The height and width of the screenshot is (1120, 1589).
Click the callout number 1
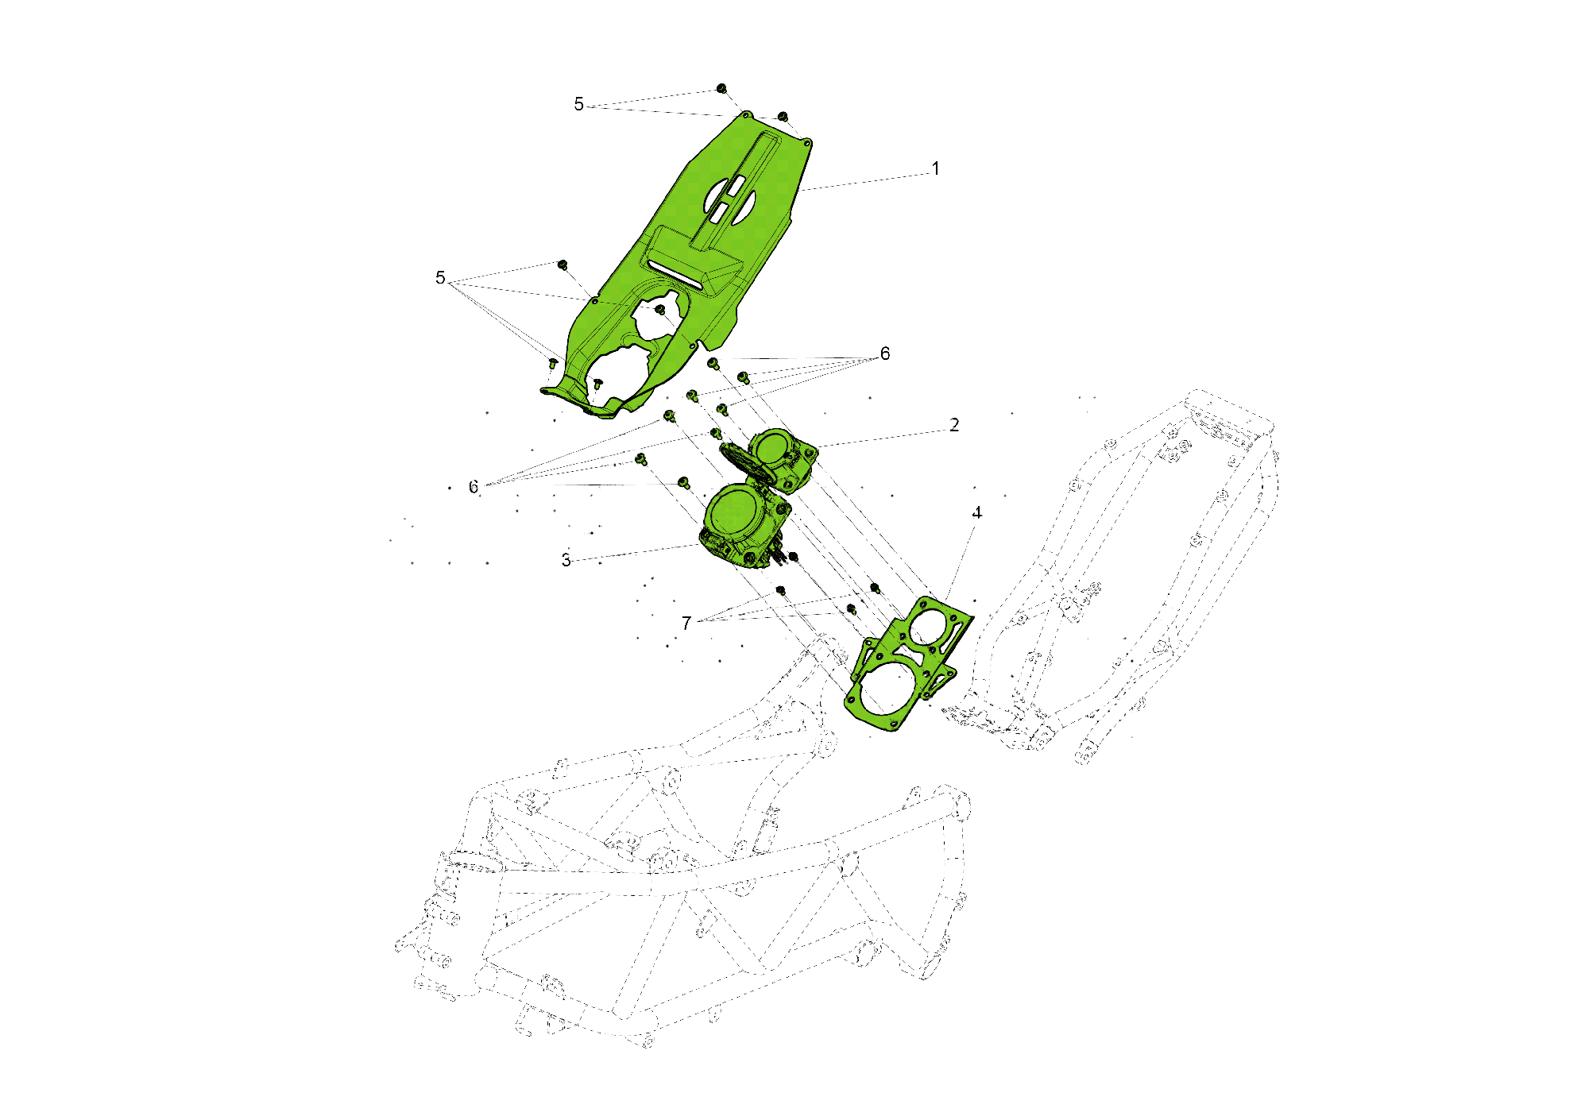point(936,168)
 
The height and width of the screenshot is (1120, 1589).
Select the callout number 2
point(954,425)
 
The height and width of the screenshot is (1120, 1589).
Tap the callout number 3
point(566,560)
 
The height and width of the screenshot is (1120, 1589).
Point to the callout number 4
point(976,513)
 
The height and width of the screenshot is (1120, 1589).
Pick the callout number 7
point(686,624)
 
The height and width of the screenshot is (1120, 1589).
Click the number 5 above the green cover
point(578,104)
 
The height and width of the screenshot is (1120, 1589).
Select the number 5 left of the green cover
point(440,277)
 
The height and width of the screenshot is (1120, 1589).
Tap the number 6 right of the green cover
point(885,353)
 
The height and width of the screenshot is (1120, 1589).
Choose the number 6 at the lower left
point(474,487)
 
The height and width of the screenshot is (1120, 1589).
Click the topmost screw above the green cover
point(721,88)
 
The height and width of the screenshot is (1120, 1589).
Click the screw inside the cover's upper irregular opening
point(659,309)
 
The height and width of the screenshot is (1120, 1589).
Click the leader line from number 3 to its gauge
point(636,552)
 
